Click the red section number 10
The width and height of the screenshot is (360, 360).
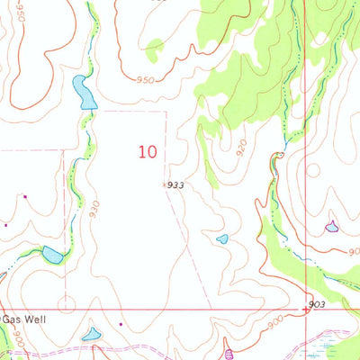pos(149,151)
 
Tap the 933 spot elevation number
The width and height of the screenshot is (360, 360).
pos(176,184)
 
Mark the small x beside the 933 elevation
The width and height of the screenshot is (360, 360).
pos(164,184)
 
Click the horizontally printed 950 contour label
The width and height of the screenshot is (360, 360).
pos(146,80)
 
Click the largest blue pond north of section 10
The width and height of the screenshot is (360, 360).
pos(85,93)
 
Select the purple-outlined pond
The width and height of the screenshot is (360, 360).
pos(332,225)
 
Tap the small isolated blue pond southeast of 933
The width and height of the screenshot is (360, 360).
pos(222,238)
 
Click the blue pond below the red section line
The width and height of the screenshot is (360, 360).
pos(91,336)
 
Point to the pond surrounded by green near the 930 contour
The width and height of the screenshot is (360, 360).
pos(52,256)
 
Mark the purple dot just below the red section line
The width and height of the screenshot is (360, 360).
pos(121,323)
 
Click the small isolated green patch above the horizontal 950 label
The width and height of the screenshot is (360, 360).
pos(155,44)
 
